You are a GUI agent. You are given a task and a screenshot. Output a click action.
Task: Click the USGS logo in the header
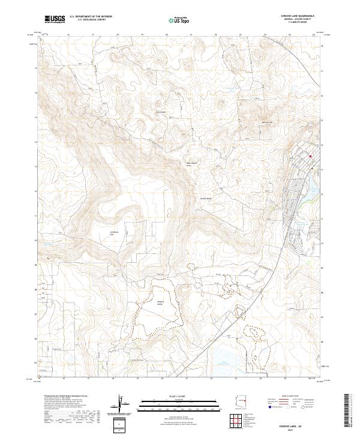[x=55, y=19]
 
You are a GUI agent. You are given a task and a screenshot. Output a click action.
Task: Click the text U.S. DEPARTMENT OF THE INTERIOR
[x=90, y=16]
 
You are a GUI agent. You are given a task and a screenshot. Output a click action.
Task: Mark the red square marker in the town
[x=310, y=157]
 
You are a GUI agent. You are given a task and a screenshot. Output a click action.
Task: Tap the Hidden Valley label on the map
[x=160, y=302]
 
